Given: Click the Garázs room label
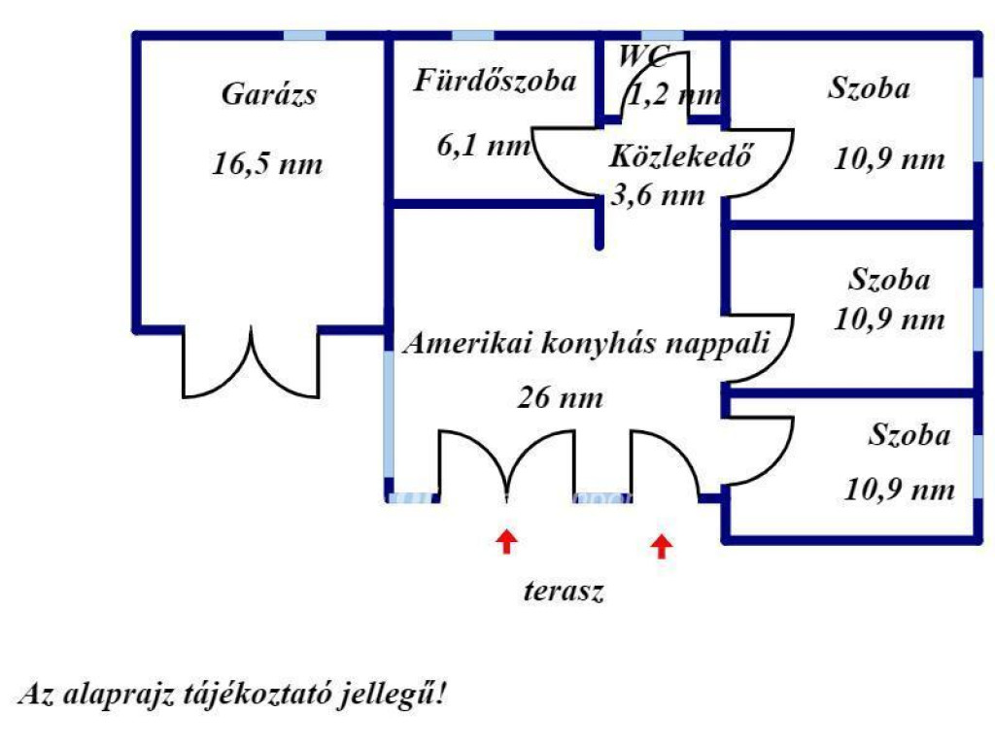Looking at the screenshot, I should (x=270, y=95).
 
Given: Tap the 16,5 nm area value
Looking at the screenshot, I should (x=267, y=164).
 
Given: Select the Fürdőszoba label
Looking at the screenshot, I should (x=495, y=82).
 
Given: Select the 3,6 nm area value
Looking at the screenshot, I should (x=657, y=194).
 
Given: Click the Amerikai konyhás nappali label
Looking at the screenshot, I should (x=588, y=344).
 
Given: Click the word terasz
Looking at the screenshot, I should (x=565, y=591).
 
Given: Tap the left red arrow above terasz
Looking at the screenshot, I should (x=505, y=541).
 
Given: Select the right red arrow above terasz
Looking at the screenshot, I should (x=662, y=546).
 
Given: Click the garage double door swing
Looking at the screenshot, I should (x=251, y=364).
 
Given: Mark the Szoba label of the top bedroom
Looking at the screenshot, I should (x=869, y=88).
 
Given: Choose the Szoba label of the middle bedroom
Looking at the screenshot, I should (x=889, y=281).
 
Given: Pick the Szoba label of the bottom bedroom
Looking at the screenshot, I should (x=909, y=435).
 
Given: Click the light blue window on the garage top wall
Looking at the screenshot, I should (x=304, y=36).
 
